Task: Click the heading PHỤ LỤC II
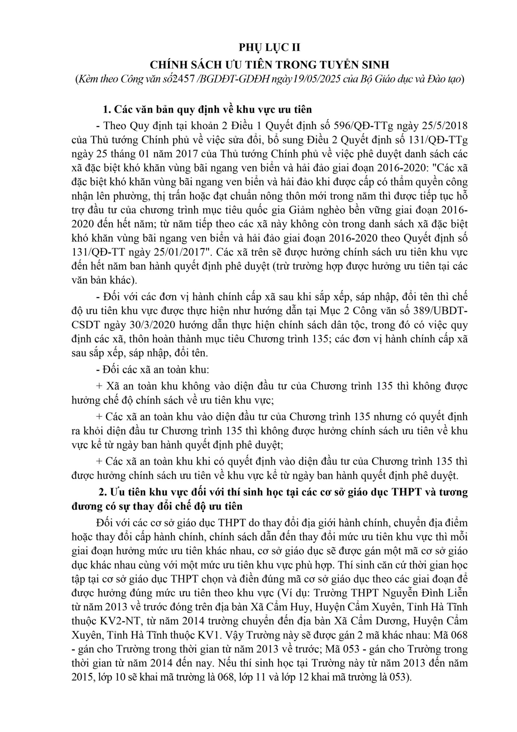point(269,48)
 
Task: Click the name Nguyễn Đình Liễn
point(425,594)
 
